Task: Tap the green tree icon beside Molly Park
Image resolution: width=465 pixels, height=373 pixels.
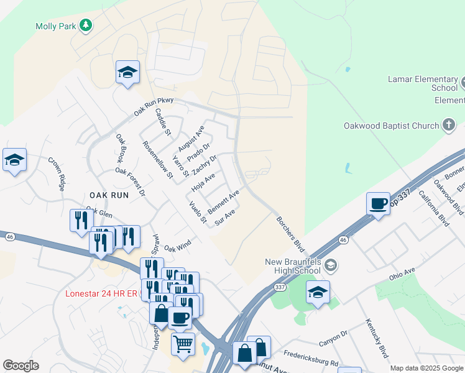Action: click(x=87, y=25)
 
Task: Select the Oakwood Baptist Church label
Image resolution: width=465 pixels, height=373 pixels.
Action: click(x=392, y=126)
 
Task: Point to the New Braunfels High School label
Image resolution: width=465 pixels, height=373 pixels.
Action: click(x=283, y=265)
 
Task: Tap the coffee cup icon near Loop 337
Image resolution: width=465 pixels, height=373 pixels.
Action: click(x=377, y=204)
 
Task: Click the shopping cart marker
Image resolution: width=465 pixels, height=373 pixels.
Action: click(x=183, y=343)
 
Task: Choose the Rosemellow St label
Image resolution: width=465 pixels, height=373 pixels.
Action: click(x=157, y=160)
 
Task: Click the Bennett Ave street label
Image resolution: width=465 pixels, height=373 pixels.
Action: click(x=223, y=202)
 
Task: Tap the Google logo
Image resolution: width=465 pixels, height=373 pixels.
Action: click(x=21, y=366)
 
